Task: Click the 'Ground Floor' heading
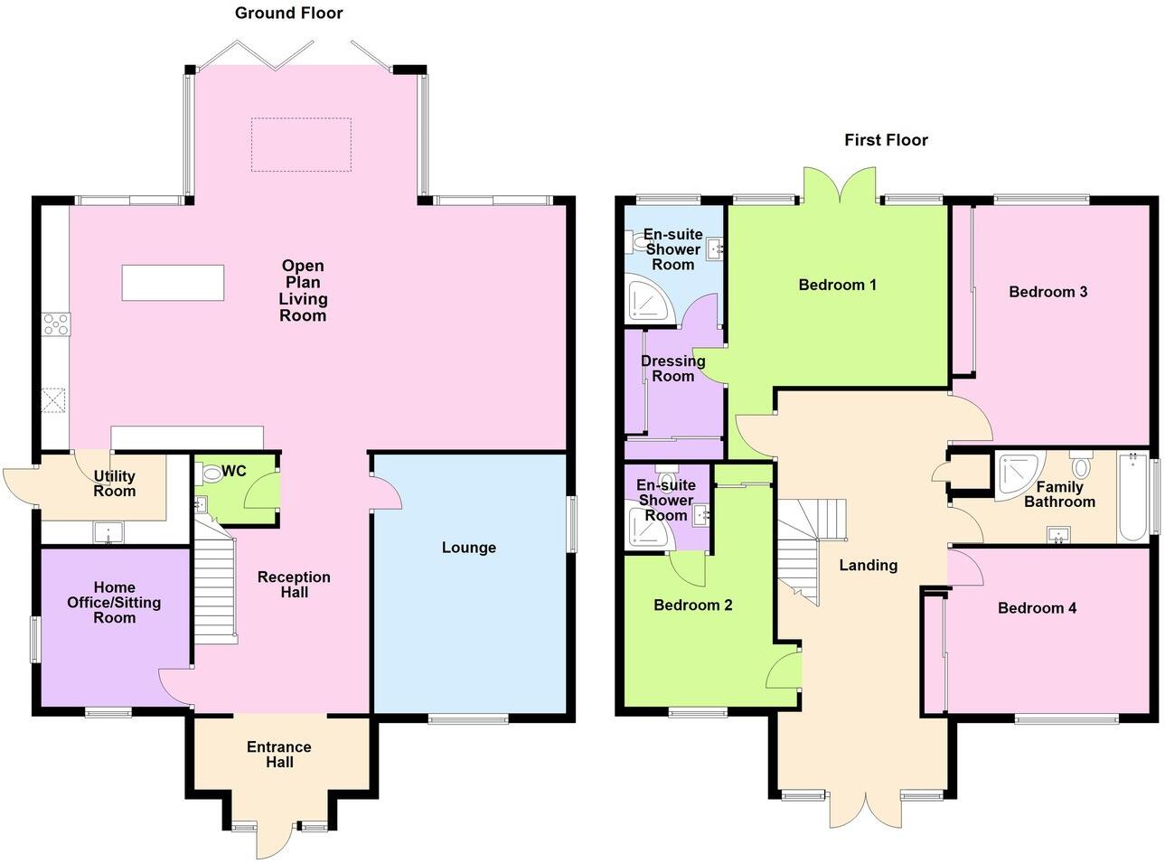(x=288, y=13)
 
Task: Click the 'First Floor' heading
(x=886, y=140)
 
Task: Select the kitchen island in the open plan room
(x=173, y=283)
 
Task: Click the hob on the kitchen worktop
(x=55, y=324)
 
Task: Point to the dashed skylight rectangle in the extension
(x=300, y=145)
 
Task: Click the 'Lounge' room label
(x=468, y=548)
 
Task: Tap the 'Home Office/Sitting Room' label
(x=114, y=603)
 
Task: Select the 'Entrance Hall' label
(x=278, y=755)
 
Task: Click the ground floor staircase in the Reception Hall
(x=215, y=587)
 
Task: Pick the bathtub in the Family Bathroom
(x=1132, y=497)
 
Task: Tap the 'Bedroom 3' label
(x=1048, y=292)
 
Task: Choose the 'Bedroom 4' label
(x=1037, y=608)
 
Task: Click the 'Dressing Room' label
(x=672, y=369)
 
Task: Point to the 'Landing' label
(x=868, y=566)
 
